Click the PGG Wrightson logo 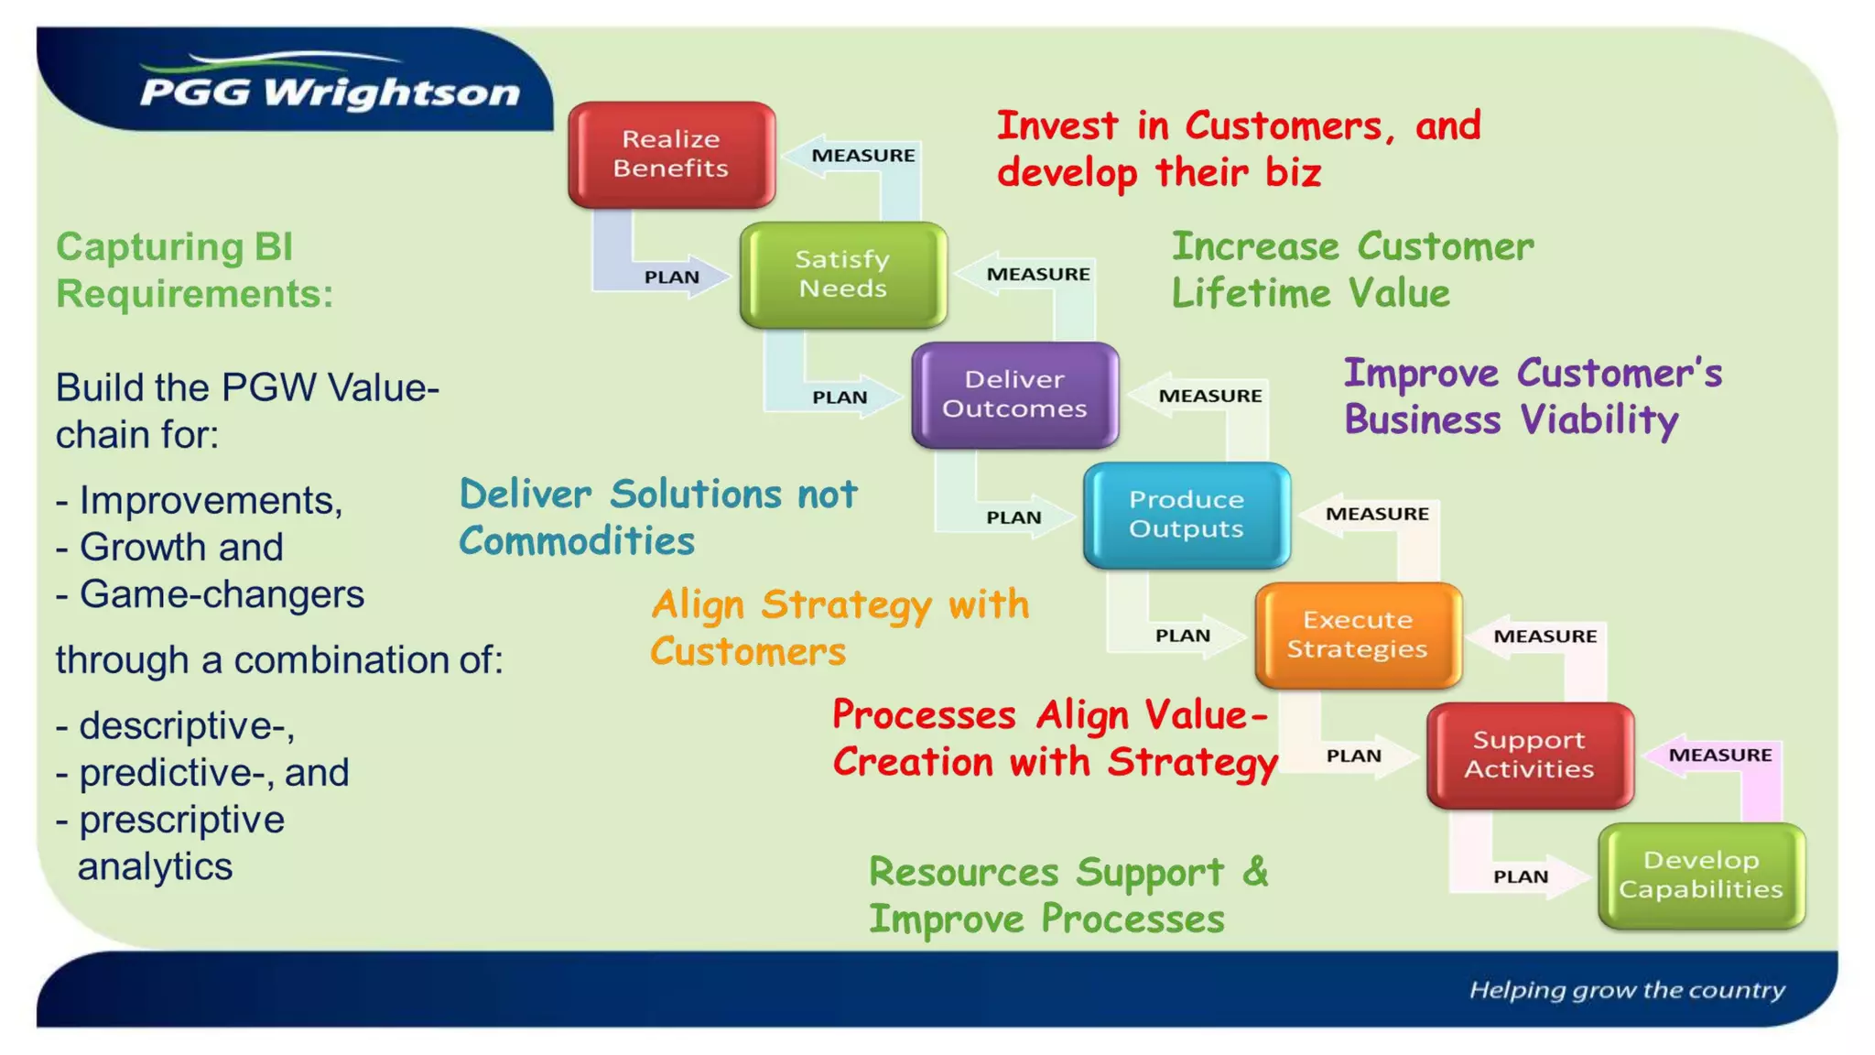click(x=330, y=90)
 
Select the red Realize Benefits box click(x=671, y=154)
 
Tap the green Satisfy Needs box click(x=842, y=274)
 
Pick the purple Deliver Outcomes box click(x=1014, y=395)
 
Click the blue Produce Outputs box click(x=1186, y=515)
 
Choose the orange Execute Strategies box click(x=1358, y=635)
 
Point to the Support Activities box click(x=1529, y=755)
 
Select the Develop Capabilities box click(x=1701, y=875)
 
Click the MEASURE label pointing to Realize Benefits click(x=862, y=156)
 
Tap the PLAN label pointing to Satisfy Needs click(x=671, y=277)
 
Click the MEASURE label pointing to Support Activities click(x=1719, y=755)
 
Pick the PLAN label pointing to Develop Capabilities click(x=1520, y=876)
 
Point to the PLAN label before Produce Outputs click(x=1013, y=517)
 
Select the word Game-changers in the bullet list click(x=222, y=594)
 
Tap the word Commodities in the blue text click(x=577, y=541)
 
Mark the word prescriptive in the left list click(x=181, y=820)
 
